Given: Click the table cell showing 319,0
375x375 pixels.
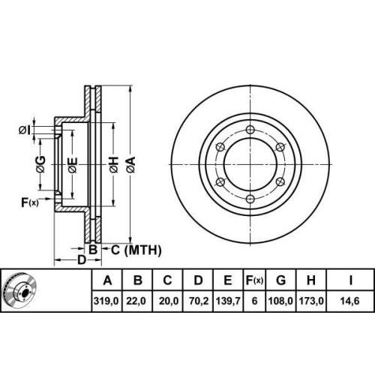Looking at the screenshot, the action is click(106, 301).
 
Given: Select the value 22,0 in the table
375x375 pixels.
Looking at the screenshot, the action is click(136, 301).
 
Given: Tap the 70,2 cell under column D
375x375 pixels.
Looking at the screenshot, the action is click(199, 301).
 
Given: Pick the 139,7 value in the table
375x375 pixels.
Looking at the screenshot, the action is click(228, 301).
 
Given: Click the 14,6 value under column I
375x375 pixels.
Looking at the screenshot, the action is click(349, 301).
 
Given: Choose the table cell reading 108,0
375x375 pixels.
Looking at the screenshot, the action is click(280, 301).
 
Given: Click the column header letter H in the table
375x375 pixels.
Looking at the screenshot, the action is click(311, 280).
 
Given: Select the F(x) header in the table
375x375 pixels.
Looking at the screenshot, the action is click(254, 280).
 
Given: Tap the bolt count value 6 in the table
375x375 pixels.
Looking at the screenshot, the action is click(254, 301).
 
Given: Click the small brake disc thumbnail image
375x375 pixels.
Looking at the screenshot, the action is click(19, 291).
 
